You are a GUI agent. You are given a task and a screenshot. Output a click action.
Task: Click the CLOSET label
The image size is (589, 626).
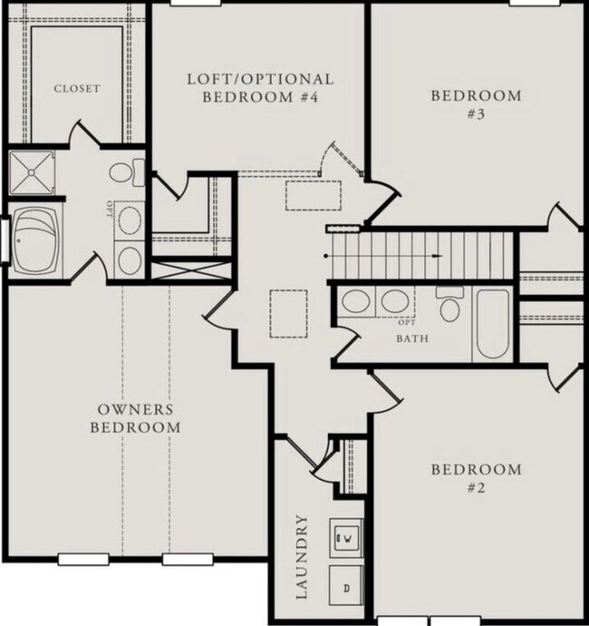(76, 88)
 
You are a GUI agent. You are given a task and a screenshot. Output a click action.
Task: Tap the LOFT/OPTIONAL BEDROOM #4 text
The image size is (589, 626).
(260, 88)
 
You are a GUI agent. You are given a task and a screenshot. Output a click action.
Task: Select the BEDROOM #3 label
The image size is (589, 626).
(476, 104)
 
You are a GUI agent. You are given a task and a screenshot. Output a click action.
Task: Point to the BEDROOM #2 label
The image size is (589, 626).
(476, 478)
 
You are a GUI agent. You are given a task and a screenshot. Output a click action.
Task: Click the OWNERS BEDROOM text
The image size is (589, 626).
(135, 418)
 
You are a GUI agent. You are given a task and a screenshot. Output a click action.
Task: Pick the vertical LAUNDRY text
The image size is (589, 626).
(303, 557)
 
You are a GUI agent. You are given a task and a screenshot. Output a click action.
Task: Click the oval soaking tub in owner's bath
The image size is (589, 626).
(37, 240)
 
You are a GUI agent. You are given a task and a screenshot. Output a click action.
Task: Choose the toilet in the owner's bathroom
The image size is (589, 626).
(126, 171)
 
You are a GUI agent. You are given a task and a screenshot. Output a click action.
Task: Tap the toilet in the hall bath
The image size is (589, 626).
(449, 305)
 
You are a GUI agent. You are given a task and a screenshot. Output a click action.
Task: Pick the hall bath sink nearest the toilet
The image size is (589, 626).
(394, 302)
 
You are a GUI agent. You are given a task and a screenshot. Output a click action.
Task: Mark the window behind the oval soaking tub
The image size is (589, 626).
(5, 240)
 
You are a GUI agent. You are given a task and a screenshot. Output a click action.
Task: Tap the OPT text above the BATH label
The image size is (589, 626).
(407, 323)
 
